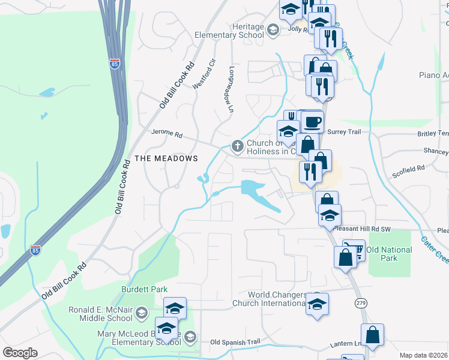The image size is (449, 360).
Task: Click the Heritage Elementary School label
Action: [x=229, y=31]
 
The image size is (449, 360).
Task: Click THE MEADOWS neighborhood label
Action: [x=166, y=158]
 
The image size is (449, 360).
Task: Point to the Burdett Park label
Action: [x=144, y=289]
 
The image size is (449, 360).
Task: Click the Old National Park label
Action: [x=389, y=254]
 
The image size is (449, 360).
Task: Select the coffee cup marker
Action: [x=312, y=123]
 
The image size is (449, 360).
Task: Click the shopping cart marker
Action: [x=354, y=250]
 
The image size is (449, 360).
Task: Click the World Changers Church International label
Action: [x=268, y=299]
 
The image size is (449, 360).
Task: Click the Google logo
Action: [x=20, y=353]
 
